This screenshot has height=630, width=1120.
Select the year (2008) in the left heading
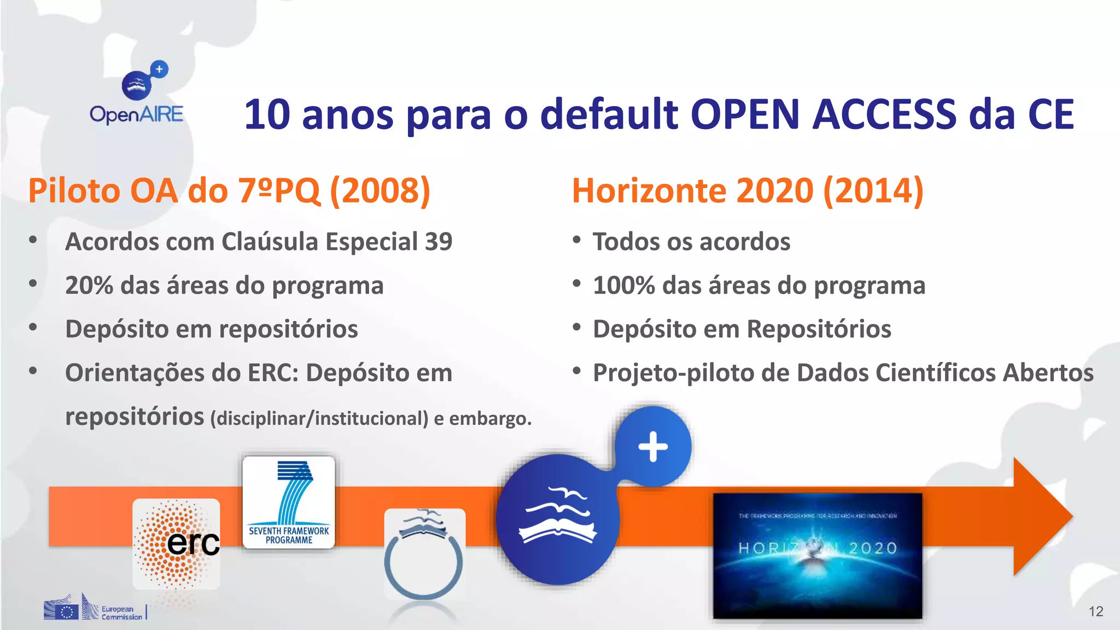(x=380, y=191)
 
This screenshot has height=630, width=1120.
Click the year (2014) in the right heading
(x=873, y=191)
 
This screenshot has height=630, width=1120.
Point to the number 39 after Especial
(x=439, y=242)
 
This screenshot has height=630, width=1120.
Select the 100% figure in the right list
(x=623, y=285)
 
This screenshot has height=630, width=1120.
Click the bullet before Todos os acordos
(x=576, y=240)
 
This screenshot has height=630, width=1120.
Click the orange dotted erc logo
(x=176, y=544)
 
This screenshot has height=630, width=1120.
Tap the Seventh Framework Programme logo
(x=289, y=502)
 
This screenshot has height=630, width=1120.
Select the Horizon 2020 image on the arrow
(x=818, y=555)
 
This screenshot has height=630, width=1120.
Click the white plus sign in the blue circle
(x=653, y=447)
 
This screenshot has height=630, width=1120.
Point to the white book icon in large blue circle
(x=557, y=520)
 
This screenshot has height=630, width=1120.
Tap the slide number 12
(x=1095, y=611)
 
